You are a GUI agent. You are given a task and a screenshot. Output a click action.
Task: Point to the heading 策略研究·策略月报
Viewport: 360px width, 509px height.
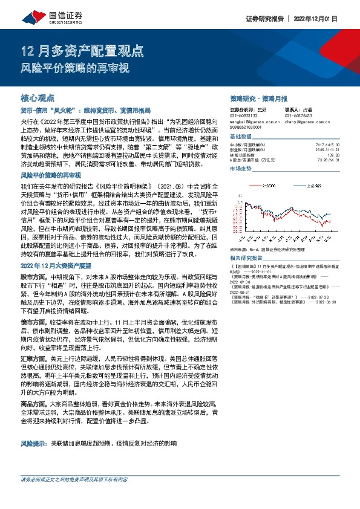point(259,98)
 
